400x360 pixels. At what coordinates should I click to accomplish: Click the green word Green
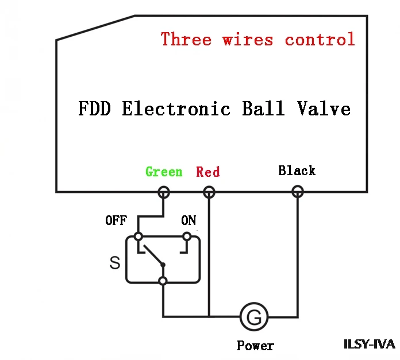[164, 172]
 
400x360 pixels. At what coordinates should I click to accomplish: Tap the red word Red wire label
[207, 172]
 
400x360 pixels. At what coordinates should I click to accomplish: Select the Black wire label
[297, 171]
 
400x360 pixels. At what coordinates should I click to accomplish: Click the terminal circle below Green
[164, 192]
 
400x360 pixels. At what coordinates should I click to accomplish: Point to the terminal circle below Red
[209, 192]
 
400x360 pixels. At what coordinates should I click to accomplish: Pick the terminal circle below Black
[298, 192]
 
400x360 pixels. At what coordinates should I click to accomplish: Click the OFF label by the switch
[116, 220]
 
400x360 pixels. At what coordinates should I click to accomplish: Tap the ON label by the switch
[189, 220]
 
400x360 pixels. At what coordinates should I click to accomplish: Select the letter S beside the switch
[115, 262]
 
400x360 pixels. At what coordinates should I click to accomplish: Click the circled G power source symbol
[254, 317]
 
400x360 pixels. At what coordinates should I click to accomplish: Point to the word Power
[255, 346]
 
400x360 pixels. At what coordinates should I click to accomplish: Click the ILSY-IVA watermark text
[370, 344]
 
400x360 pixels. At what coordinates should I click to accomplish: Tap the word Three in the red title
[186, 39]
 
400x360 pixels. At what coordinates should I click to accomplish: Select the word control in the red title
[320, 39]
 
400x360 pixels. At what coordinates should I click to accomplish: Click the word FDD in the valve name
[94, 109]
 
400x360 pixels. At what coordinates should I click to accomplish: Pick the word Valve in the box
[324, 109]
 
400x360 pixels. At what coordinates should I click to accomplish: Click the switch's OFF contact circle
[139, 237]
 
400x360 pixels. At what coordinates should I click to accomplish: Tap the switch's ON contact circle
[187, 237]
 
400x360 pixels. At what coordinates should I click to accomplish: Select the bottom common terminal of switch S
[163, 281]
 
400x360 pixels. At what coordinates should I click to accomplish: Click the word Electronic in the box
[176, 109]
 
